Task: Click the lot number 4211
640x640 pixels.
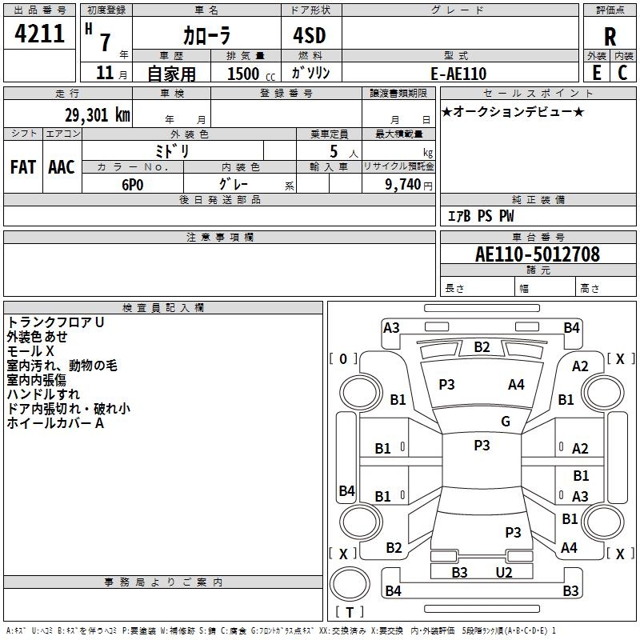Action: point(39,34)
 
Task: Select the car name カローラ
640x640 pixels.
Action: point(206,35)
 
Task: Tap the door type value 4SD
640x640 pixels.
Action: point(310,35)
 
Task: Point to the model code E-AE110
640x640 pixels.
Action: point(458,74)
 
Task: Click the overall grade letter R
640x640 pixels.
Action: point(610,37)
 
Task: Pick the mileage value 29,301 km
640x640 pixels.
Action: point(98,115)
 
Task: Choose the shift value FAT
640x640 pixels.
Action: point(23,167)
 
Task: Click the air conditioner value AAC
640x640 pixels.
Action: point(62,167)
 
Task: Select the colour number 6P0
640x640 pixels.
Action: point(133,185)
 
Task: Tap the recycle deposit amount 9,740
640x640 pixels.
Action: point(403,185)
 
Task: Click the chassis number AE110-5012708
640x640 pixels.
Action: point(538,254)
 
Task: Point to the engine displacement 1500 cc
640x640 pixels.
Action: point(251,74)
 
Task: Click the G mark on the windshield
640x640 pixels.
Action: point(506,421)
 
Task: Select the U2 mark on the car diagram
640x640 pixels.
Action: point(504,572)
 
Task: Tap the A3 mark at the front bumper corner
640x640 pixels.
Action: point(391,328)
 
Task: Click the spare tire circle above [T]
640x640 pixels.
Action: point(350,584)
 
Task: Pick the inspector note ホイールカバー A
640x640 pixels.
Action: point(55,423)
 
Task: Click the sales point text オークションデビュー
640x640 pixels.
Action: point(513,111)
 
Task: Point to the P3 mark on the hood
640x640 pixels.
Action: point(446,384)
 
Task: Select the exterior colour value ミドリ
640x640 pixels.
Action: point(172,151)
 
